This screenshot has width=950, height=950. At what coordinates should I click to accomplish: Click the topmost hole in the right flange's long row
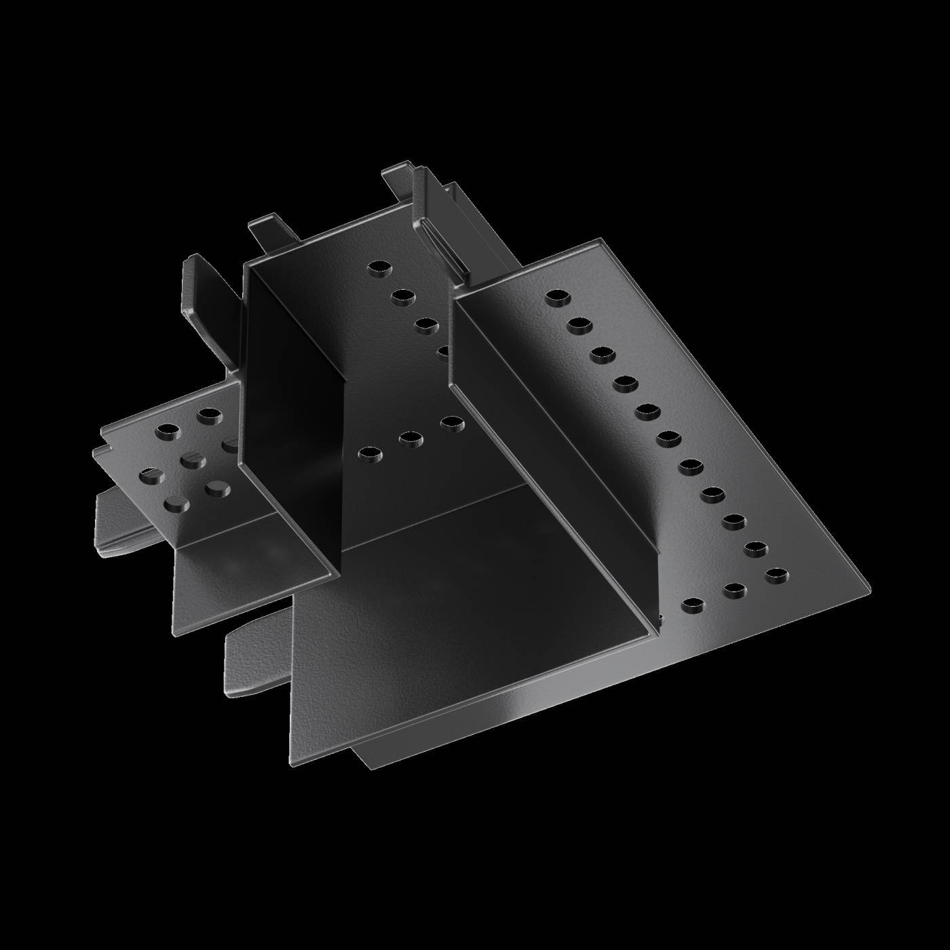coord(557,297)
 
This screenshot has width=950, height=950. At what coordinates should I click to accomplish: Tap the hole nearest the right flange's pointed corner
coord(776,576)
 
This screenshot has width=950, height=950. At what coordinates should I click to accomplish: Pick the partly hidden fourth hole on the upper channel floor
coord(444,352)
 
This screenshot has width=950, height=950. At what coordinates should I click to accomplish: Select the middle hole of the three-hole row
coord(411,440)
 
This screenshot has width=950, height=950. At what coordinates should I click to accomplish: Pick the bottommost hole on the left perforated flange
coord(176,503)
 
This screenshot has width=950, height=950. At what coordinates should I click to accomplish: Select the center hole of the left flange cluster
coord(192,461)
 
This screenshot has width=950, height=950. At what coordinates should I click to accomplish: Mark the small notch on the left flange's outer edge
coord(98,448)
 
